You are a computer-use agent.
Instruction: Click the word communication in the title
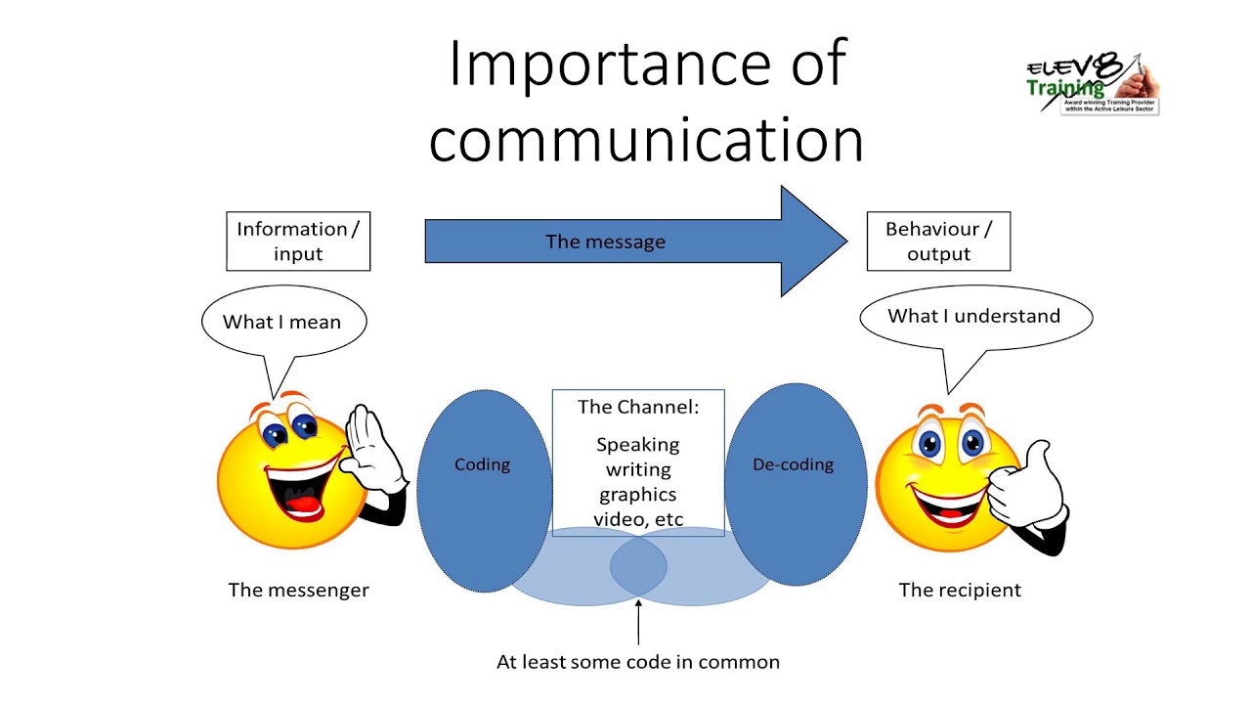646,140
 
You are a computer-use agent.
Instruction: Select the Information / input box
298,242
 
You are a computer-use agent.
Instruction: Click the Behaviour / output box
938,242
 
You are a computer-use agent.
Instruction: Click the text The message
605,242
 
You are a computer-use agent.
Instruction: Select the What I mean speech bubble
282,322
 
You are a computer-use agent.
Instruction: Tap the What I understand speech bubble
973,317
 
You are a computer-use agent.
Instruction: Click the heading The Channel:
638,407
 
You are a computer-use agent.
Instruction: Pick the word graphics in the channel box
638,495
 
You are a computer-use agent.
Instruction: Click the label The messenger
299,590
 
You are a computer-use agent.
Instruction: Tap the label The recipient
960,590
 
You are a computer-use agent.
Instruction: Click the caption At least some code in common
638,662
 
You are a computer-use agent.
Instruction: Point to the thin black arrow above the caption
638,621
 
